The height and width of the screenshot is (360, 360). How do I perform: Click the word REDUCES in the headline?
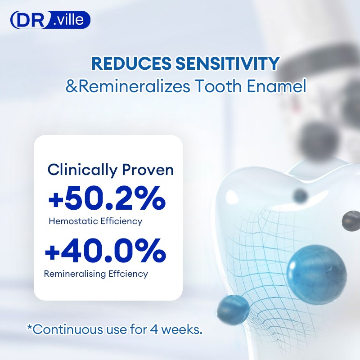tap(131, 63)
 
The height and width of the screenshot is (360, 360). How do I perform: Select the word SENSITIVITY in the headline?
tap(227, 63)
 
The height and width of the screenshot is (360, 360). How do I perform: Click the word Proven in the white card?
tap(148, 171)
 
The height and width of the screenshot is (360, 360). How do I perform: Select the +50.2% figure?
tap(107, 198)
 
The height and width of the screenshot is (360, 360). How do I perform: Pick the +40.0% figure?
tap(105, 251)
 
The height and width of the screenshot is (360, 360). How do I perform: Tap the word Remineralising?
tap(75, 274)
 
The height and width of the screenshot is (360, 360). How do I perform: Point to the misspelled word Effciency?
tap(128, 274)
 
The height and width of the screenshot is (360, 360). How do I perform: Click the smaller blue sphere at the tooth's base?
tap(233, 309)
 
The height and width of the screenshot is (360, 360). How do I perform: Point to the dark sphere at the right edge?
tap(351, 221)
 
